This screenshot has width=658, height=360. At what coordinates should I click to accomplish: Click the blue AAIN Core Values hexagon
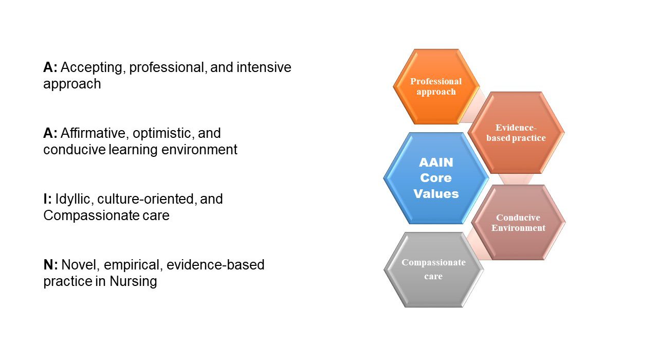click(x=436, y=178)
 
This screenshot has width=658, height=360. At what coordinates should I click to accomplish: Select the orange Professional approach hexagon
click(x=436, y=86)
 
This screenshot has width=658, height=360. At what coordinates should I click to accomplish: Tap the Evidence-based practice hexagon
click(x=516, y=133)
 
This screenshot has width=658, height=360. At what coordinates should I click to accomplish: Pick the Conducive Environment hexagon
click(x=519, y=223)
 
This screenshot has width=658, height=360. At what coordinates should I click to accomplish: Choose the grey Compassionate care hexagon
click(x=433, y=269)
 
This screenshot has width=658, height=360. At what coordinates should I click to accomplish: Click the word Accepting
click(x=92, y=67)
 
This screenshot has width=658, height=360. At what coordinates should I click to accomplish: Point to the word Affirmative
click(x=93, y=133)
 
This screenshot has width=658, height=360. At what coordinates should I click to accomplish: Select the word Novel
click(x=79, y=265)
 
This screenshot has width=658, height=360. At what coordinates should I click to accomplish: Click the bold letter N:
click(x=50, y=265)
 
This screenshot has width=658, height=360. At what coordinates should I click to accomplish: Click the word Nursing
click(x=133, y=281)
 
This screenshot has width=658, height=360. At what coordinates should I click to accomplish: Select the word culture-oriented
click(x=145, y=199)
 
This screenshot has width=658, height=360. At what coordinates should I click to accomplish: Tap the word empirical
click(x=132, y=265)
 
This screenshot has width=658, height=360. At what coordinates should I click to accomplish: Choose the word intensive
click(x=264, y=67)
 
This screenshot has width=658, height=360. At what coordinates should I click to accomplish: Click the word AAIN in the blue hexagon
click(x=436, y=162)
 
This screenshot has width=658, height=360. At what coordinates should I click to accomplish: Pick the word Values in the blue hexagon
click(x=436, y=194)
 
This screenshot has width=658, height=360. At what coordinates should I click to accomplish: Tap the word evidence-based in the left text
click(x=215, y=265)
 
